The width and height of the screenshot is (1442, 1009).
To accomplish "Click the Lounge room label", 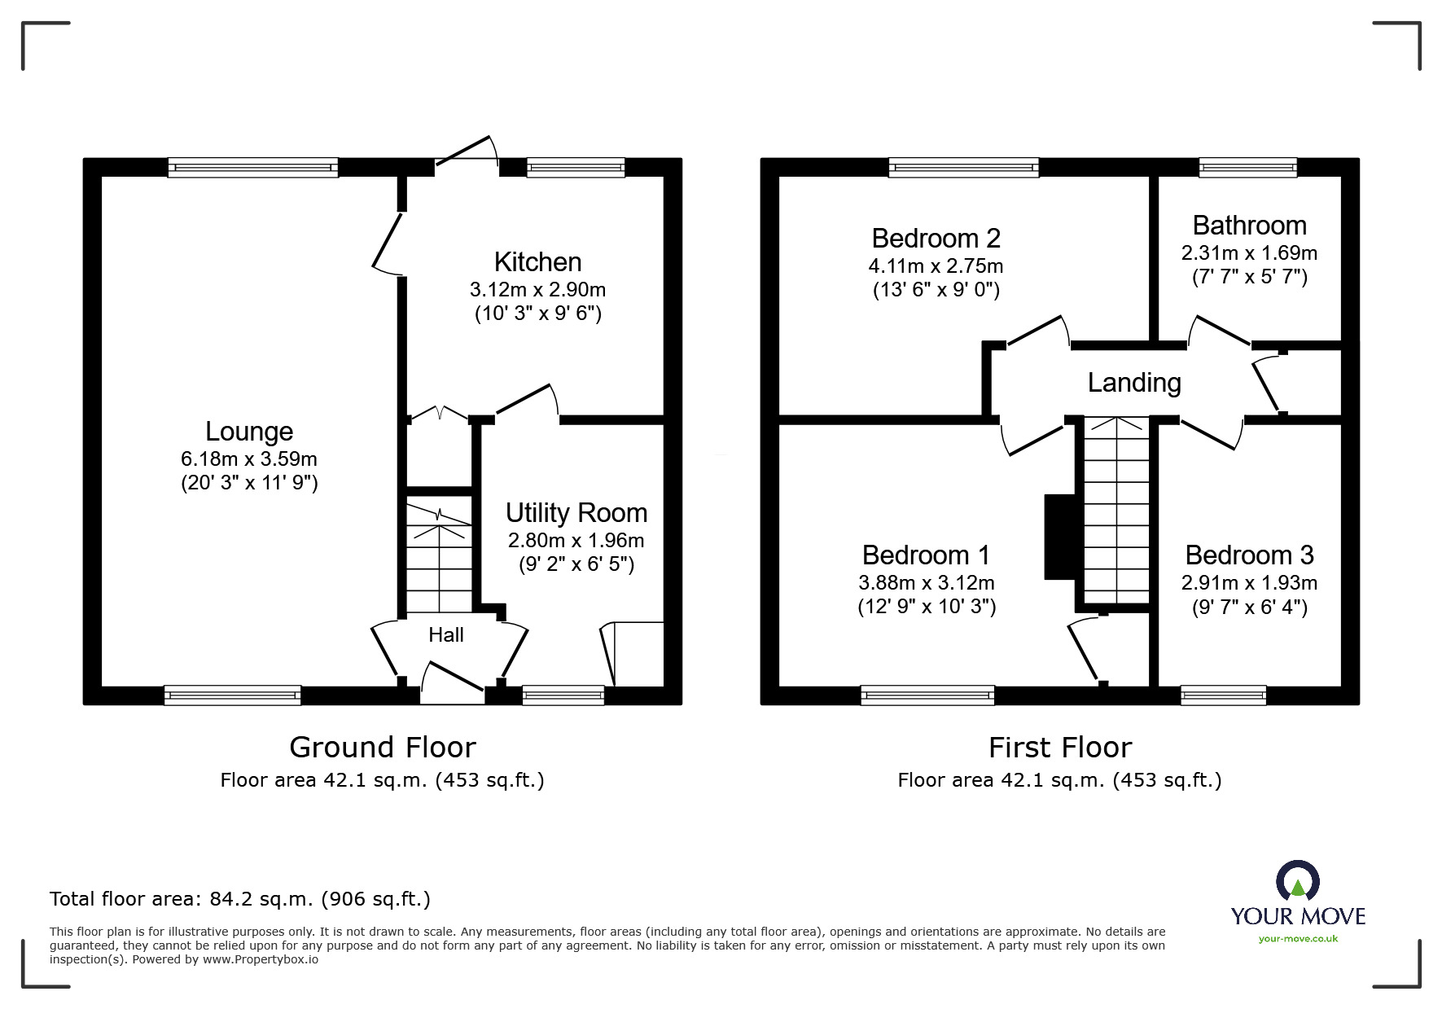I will tap(248, 431).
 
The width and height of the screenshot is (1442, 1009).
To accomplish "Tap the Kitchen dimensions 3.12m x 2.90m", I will tap(537, 289).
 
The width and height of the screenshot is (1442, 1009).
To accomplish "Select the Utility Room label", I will tap(576, 512).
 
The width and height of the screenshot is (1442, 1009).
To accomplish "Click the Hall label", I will tap(445, 634).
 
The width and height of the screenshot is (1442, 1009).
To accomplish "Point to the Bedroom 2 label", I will tap(936, 238).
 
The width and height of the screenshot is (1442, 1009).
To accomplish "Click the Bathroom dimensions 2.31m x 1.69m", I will tap(1249, 253).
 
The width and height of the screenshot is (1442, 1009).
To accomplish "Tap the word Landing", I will tap(1134, 382).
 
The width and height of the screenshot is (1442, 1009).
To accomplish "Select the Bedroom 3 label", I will tap(1249, 555).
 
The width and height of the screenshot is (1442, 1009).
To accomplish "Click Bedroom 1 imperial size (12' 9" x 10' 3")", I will tap(927, 607).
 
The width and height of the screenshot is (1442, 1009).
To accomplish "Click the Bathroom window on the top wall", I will tap(1247, 168).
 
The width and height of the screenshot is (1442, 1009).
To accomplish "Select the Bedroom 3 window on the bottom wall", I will tap(1223, 695).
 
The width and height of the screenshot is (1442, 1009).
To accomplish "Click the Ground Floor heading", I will tap(382, 747).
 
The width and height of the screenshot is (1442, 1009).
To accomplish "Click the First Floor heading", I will tap(1059, 747).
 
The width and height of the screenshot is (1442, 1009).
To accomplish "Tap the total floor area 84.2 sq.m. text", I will tap(239, 899).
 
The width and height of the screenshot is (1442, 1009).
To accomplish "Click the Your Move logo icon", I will tap(1297, 881).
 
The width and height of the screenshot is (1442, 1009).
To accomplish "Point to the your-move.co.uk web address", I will tap(1298, 939).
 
